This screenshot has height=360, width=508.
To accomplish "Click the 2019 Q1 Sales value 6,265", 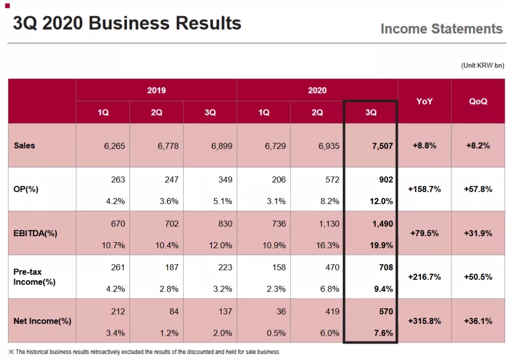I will pyautogui.click(x=114, y=146).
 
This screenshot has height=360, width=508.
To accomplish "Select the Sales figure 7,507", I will pyautogui.click(x=382, y=146).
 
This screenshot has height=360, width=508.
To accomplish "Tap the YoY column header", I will pyautogui.click(x=424, y=101).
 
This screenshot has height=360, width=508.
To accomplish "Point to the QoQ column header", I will pyautogui.click(x=478, y=101).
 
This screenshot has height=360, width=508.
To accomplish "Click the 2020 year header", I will pyautogui.click(x=317, y=90).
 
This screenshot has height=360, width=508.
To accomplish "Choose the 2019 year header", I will pyautogui.click(x=156, y=90).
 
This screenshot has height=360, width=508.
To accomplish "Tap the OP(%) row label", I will pyautogui.click(x=26, y=189).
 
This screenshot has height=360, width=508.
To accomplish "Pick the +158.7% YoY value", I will pyautogui.click(x=424, y=189).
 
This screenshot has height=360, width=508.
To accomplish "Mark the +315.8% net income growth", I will pyautogui.click(x=424, y=321).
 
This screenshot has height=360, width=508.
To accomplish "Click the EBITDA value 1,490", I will pyautogui.click(x=382, y=223).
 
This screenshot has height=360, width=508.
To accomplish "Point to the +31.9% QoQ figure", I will pyautogui.click(x=478, y=233).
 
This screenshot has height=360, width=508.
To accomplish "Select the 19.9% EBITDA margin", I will pyautogui.click(x=382, y=245).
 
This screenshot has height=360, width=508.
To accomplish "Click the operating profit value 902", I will pyautogui.click(x=386, y=180).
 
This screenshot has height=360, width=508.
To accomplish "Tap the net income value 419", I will pyautogui.click(x=332, y=311).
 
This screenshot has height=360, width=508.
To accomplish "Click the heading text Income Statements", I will pyautogui.click(x=441, y=29).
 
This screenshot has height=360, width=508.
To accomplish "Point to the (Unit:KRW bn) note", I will pyautogui.click(x=483, y=66).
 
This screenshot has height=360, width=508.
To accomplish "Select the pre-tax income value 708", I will pyautogui.click(x=386, y=267).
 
